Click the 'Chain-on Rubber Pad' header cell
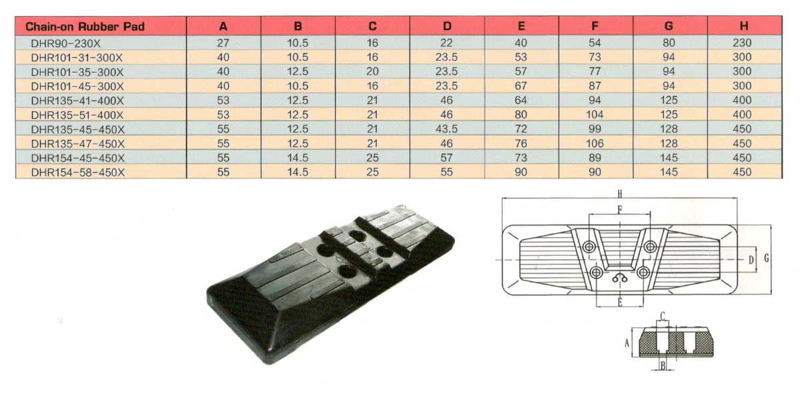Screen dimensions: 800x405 [x=85, y=27]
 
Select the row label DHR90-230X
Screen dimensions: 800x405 [x=66, y=43]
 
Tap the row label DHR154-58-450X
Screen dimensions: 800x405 [x=78, y=173]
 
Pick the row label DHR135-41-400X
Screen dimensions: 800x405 [x=77, y=101]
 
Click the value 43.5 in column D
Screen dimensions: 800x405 [x=447, y=129]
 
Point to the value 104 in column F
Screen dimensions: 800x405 [x=595, y=115]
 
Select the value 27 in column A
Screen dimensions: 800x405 [x=223, y=43]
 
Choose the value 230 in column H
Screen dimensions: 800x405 [x=742, y=43]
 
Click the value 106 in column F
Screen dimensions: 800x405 [x=595, y=143]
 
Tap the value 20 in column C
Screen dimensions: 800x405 [x=372, y=71]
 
